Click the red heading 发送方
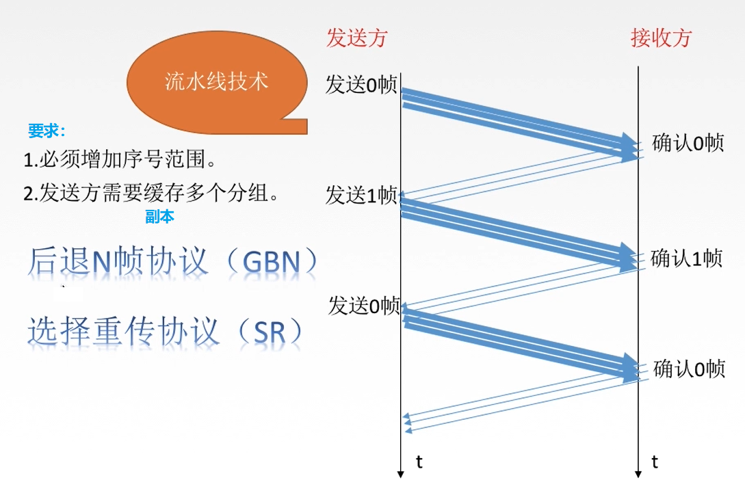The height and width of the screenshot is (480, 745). click(x=357, y=38)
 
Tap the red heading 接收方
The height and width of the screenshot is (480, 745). click(x=660, y=38)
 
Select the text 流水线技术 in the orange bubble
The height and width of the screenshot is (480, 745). click(x=216, y=81)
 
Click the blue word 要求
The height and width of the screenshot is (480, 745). click(x=45, y=131)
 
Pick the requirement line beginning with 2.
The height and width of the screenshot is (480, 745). click(x=151, y=194)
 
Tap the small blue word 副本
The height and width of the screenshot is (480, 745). click(x=159, y=217)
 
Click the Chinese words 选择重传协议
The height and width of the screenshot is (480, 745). click(x=124, y=331)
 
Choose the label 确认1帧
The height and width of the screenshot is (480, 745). click(x=686, y=258)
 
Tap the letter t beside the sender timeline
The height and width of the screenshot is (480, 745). click(x=419, y=462)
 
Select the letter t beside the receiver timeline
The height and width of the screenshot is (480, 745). click(x=655, y=462)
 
